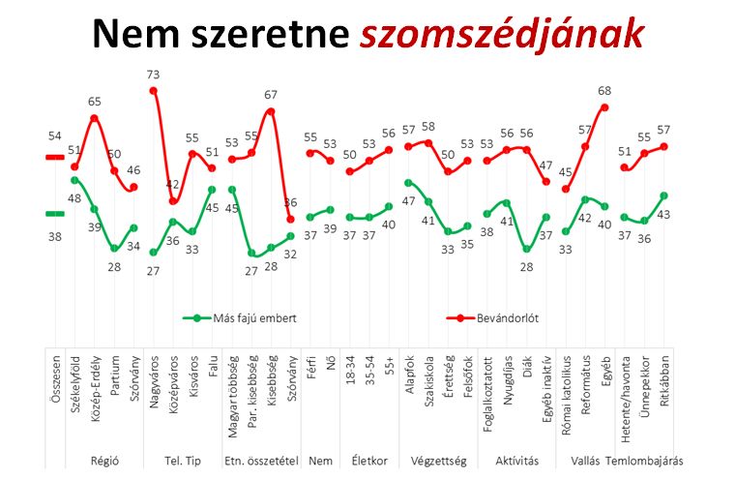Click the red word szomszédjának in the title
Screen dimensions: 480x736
click(501, 35)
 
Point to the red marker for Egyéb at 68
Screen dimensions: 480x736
click(604, 107)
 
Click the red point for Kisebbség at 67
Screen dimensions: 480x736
click(272, 111)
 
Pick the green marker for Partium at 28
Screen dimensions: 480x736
click(114, 249)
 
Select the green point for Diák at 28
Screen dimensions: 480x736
click(526, 249)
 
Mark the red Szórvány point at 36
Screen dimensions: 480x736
click(291, 219)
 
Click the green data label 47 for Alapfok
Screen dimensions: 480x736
click(408, 200)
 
